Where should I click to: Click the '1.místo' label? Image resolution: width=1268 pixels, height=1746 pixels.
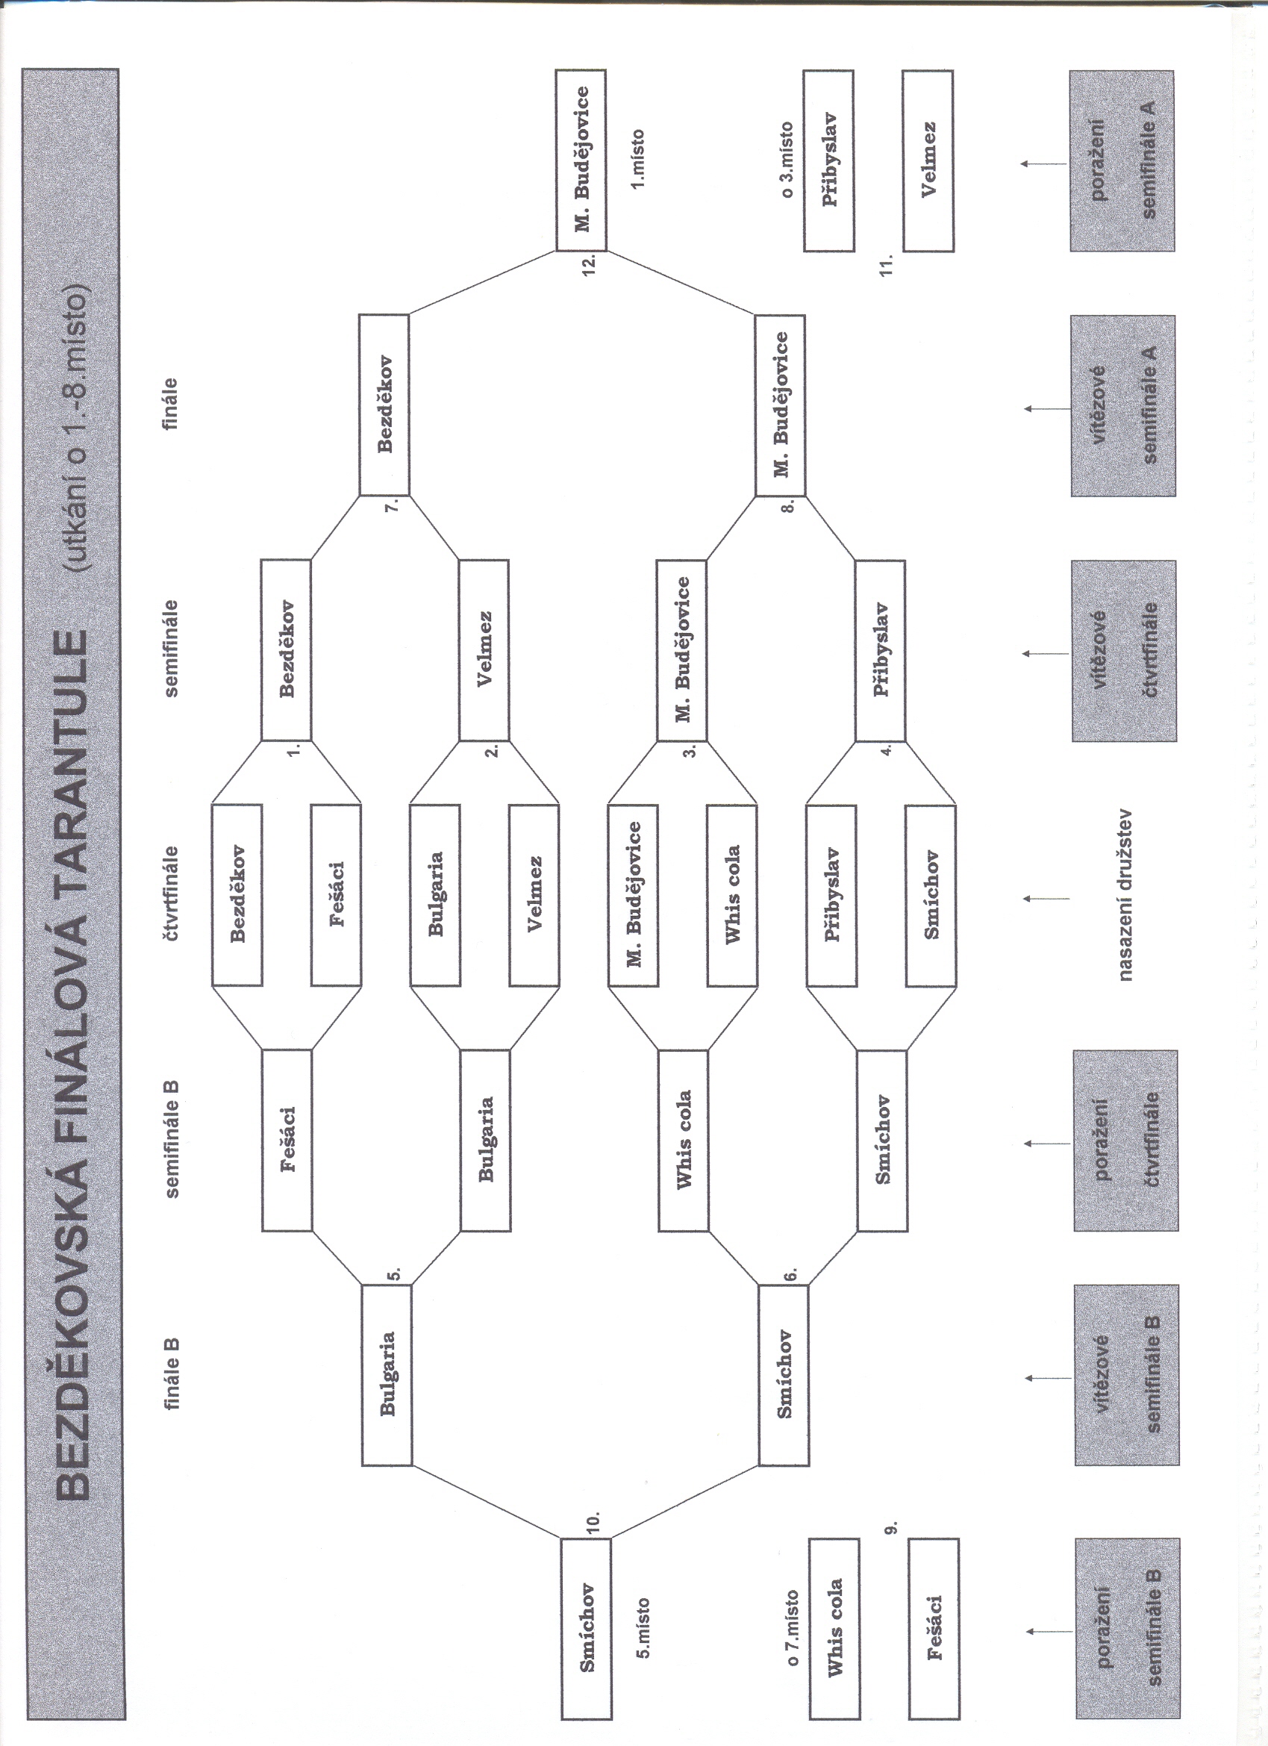coord(638,159)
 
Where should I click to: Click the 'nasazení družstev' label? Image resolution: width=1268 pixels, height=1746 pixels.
coord(1125,894)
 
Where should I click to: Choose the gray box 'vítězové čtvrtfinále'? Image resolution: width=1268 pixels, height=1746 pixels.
coord(1124,650)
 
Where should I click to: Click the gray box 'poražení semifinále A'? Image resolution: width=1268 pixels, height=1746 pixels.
coord(1122,161)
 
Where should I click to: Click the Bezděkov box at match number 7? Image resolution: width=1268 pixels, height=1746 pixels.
coord(384,404)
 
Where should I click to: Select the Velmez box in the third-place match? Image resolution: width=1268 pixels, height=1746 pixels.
coord(928,161)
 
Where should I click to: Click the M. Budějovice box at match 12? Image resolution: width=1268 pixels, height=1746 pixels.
coord(581,160)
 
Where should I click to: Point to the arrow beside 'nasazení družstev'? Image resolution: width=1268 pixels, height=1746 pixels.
coord(1046,899)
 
